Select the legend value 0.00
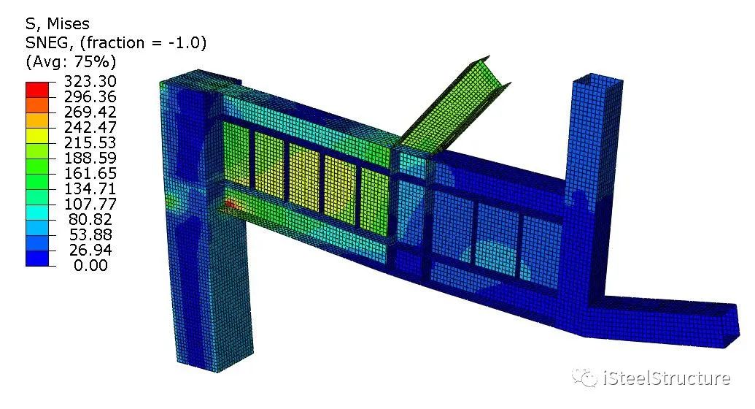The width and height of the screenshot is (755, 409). pyautogui.click(x=90, y=266)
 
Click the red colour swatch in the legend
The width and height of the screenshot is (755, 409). pyautogui.click(x=37, y=89)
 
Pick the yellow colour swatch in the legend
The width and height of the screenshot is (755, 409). pyautogui.click(x=37, y=135)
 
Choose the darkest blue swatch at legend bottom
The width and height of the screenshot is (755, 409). pyautogui.click(x=37, y=258)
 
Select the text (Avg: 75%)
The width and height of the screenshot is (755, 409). pyautogui.click(x=71, y=61)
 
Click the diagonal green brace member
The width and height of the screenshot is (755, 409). pyautogui.click(x=452, y=106)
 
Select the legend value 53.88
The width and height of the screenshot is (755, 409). pyautogui.click(x=90, y=235)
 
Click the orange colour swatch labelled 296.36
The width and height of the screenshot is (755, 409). pyautogui.click(x=37, y=104)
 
